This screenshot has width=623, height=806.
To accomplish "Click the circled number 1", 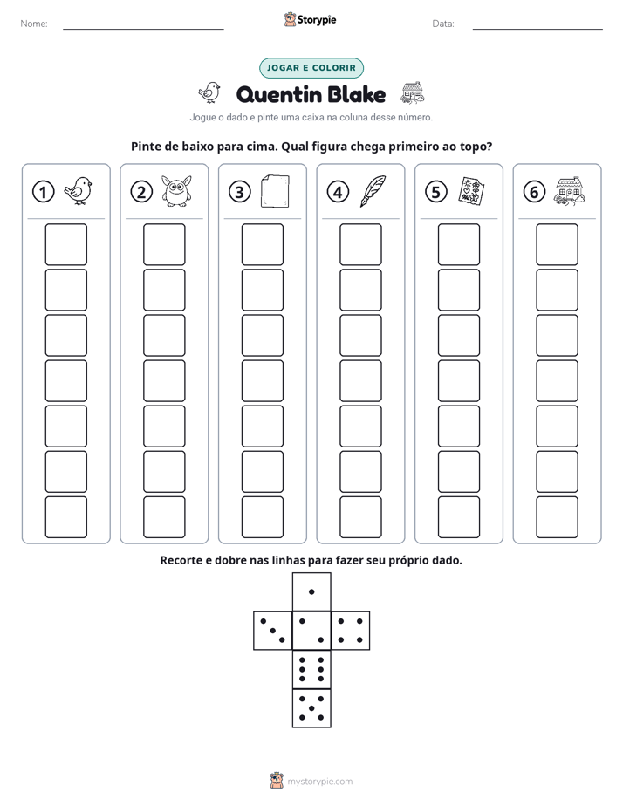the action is [x=43, y=192].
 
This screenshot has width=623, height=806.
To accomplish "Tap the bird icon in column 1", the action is [x=79, y=191].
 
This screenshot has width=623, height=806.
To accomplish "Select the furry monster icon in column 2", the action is [x=177, y=191].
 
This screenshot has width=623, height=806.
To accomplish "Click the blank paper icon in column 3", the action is [x=275, y=191].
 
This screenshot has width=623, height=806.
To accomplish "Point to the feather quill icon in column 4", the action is [x=373, y=191].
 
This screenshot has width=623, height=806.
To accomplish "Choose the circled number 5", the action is [x=436, y=192].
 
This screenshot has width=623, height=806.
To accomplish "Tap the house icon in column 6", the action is [x=570, y=192].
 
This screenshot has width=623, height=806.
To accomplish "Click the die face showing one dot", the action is [x=311, y=591].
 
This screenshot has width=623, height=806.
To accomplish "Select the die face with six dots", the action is [x=311, y=669].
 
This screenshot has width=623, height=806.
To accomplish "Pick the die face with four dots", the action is [x=350, y=631].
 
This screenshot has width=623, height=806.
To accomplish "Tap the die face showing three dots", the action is [x=273, y=631].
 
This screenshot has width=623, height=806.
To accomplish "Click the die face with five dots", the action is [x=311, y=707].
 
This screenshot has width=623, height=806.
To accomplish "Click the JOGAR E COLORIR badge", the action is [x=311, y=68].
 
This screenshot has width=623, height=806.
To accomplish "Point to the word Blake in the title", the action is [x=356, y=94].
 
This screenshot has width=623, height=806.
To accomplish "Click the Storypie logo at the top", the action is [x=311, y=19].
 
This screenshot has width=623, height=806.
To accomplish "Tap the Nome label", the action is [x=34, y=24].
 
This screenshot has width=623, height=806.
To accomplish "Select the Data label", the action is [x=443, y=24].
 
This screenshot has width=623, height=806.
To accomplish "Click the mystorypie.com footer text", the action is [x=319, y=782].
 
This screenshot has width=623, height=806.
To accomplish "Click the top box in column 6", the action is [x=558, y=244].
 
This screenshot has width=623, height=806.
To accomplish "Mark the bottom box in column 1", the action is [x=65, y=517].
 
